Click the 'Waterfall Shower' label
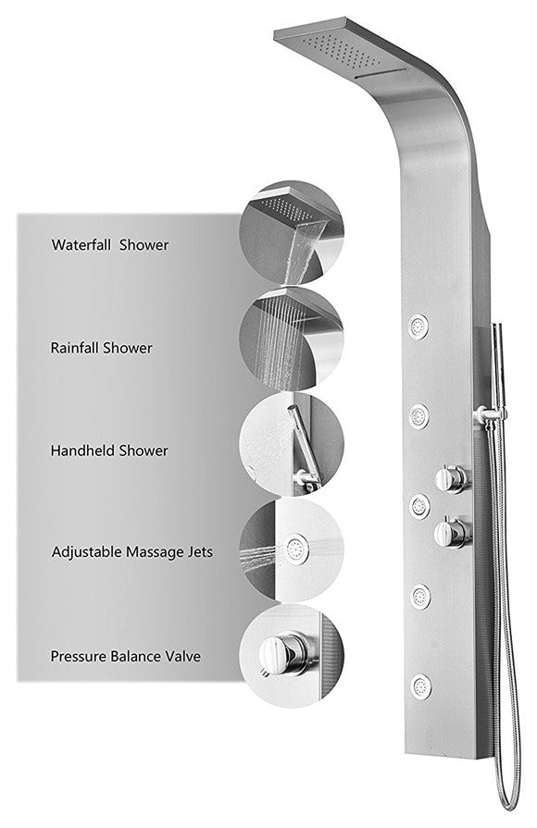110,245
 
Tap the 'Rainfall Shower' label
102,348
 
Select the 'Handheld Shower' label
109,451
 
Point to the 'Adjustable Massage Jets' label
132,552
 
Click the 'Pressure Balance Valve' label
126,656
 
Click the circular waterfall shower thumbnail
292,233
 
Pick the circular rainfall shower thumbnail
292,339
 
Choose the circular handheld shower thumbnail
292,444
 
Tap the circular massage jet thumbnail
292,550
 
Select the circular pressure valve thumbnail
292,655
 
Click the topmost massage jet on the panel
418,326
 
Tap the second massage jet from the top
418,416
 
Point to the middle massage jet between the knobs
419,506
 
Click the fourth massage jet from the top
420,597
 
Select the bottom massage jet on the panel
421,686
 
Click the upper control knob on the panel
452,479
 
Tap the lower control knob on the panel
453,533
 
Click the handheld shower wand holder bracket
489,415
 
